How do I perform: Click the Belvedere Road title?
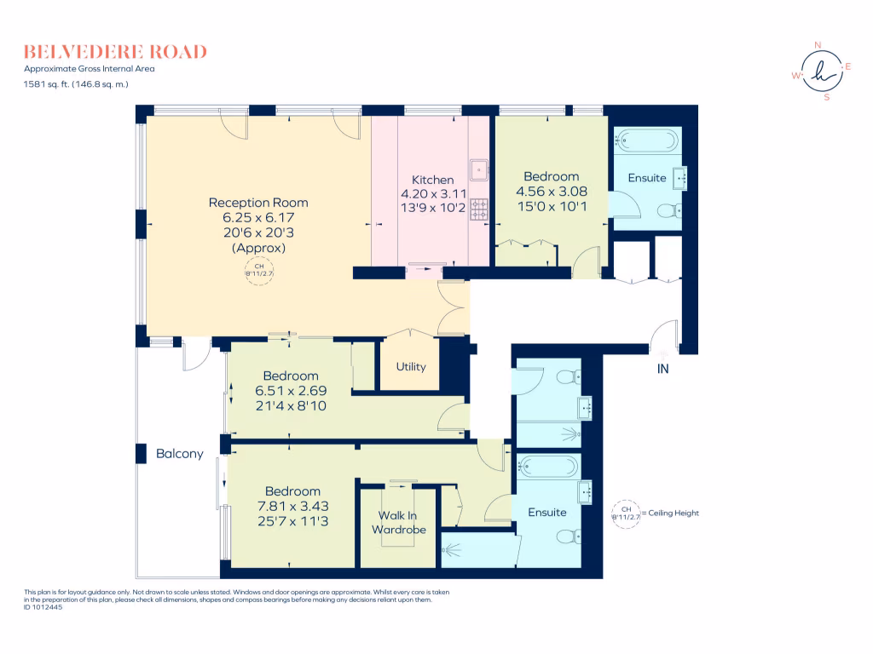[115, 52]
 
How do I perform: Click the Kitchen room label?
[432, 180]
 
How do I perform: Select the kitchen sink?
[479, 169]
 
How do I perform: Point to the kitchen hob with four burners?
[479, 209]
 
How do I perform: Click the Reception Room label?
[258, 203]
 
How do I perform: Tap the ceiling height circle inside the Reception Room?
[259, 271]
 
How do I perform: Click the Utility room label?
[411, 366]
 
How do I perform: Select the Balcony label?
[179, 454]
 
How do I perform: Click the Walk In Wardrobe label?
[399, 523]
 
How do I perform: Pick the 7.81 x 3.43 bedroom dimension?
[293, 506]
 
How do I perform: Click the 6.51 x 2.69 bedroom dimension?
[291, 391]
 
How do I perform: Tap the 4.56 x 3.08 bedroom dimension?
[552, 192]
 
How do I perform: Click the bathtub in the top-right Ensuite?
[646, 141]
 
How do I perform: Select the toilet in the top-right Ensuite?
[670, 211]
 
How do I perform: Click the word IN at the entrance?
[662, 369]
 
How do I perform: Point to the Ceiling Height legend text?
[674, 513]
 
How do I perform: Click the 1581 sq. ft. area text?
[76, 84]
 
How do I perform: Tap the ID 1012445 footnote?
[43, 607]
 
